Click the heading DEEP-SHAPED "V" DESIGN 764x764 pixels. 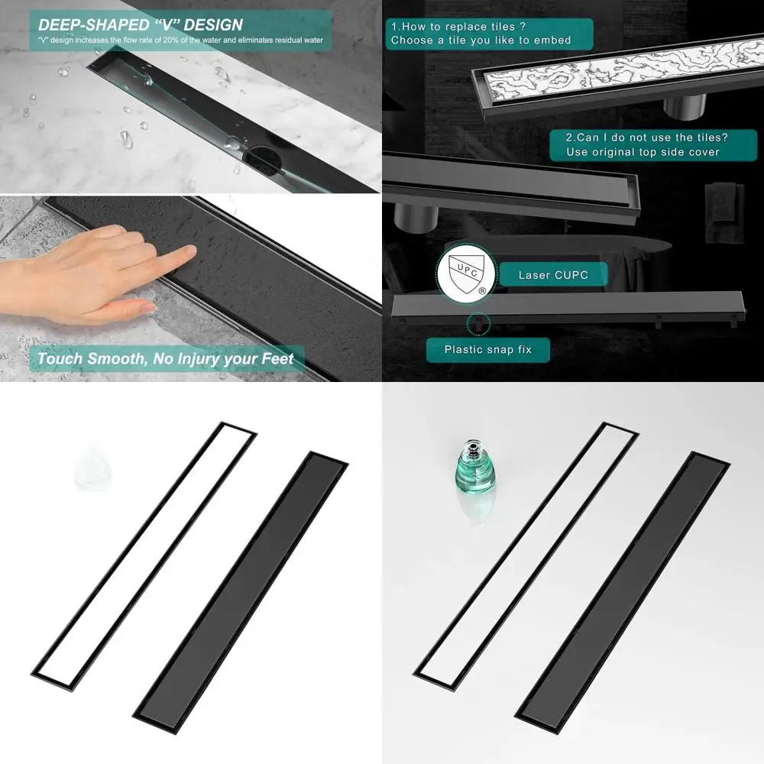click(x=141, y=24)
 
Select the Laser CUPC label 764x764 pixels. click(x=553, y=274)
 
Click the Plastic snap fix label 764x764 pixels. click(x=487, y=350)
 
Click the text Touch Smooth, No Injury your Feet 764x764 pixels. click(x=166, y=358)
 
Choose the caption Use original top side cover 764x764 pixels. click(x=643, y=152)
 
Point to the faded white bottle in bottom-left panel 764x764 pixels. click(x=92, y=468)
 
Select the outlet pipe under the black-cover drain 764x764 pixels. click(x=416, y=216)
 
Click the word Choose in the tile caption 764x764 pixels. click(x=413, y=40)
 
